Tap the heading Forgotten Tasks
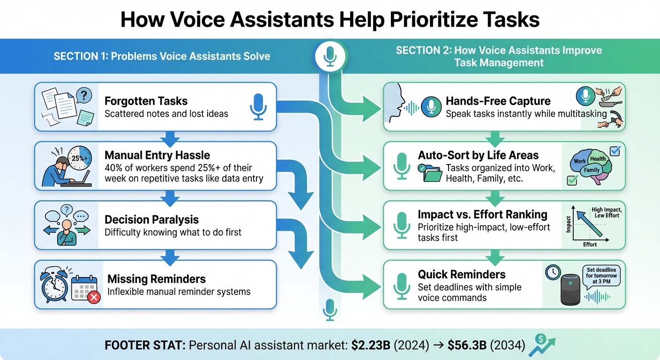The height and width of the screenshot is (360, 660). [146, 101]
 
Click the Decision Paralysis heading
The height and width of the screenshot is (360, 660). [151, 219]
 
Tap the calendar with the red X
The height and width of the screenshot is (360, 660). [85, 287]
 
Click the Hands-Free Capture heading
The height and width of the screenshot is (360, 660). [498, 101]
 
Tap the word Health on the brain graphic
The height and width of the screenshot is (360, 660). [598, 158]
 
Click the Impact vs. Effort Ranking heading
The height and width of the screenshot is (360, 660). [482, 214]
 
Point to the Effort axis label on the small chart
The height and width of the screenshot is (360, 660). [590, 244]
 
